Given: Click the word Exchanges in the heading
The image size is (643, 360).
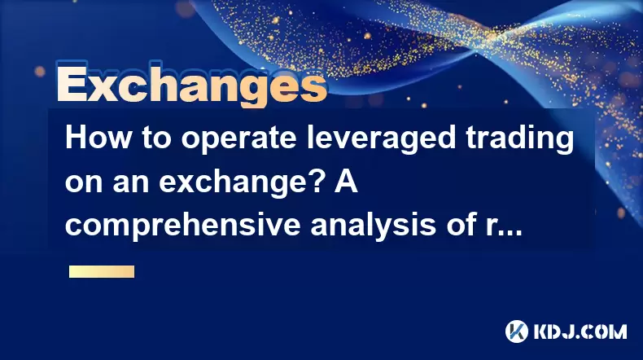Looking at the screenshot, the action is point(192,85).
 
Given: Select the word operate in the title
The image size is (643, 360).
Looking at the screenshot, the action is point(238,139).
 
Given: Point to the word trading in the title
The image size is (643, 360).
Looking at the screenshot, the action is point(519,139).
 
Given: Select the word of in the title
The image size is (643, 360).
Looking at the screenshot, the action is point(461,224).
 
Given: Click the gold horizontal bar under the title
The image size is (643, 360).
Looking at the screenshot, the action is point(102,272).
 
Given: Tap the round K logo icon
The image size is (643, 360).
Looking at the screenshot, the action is point(517,331).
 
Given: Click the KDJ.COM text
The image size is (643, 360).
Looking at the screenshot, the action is point(580,331).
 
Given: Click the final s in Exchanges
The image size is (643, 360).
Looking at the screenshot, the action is point(315,88).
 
